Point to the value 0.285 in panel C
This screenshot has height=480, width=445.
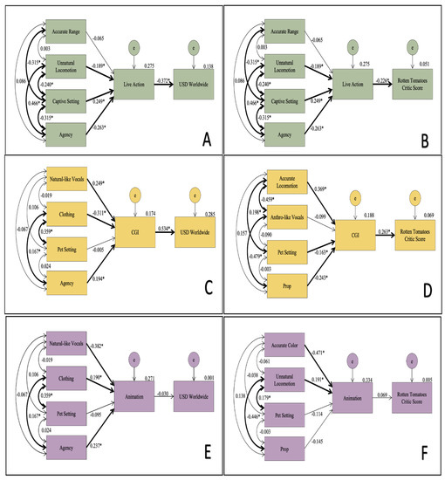[x=186, y=213]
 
